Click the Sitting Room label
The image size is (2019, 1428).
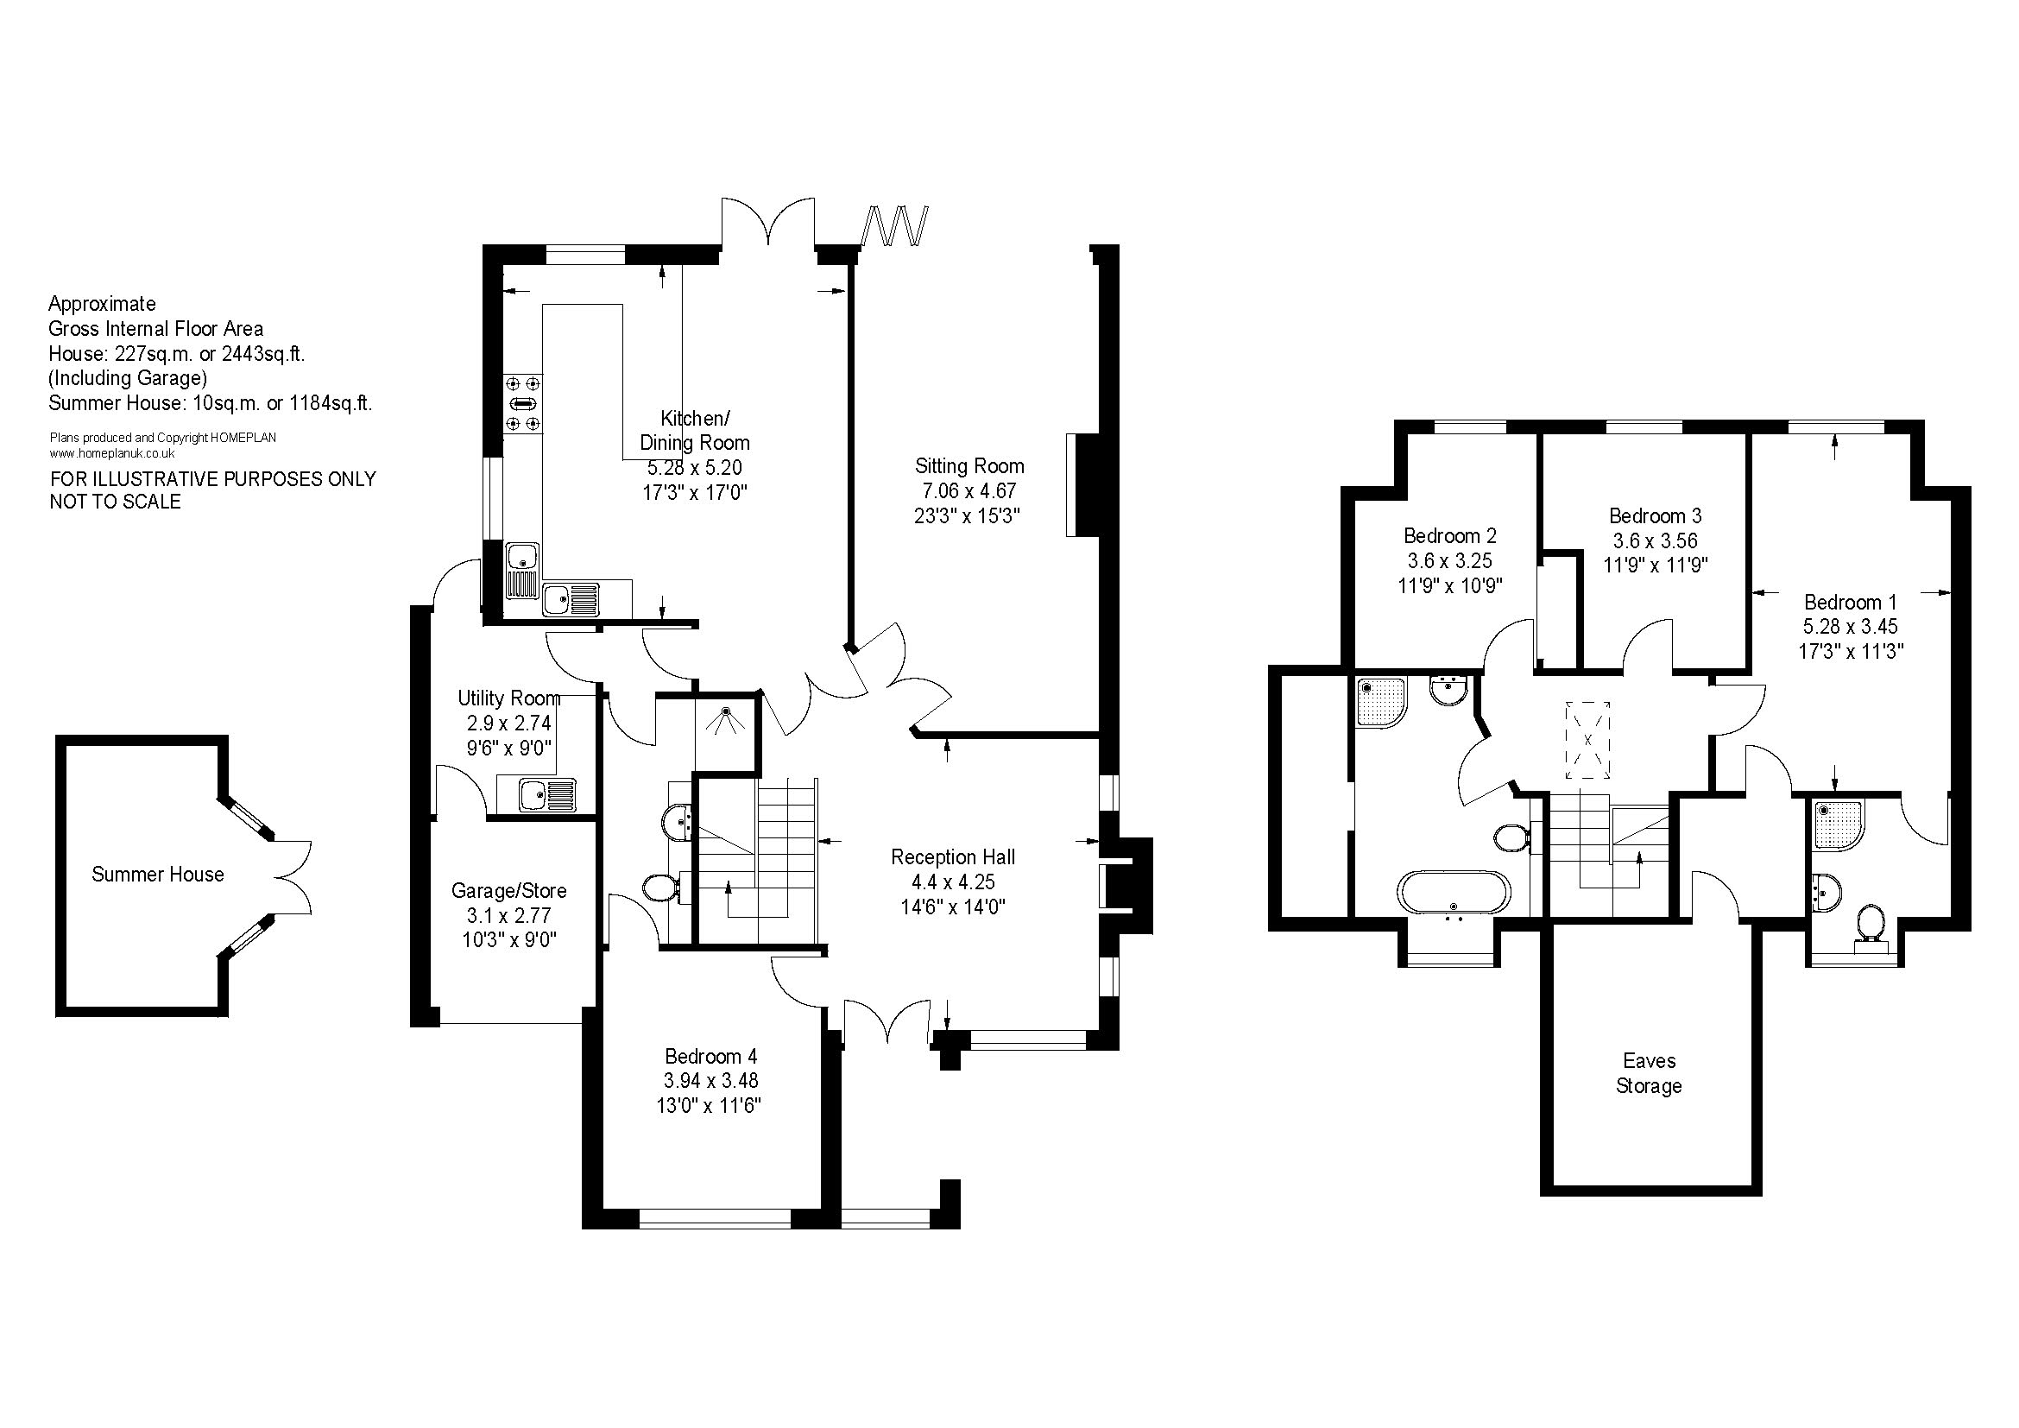(969, 466)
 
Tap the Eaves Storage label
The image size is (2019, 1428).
(1649, 1074)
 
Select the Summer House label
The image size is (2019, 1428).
(157, 874)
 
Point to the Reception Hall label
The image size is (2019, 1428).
(952, 857)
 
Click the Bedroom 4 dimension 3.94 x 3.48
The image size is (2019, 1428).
(711, 1081)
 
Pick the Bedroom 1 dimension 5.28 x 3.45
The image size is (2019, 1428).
(1850, 627)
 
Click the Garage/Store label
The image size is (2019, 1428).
(508, 891)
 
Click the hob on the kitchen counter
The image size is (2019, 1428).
(523, 403)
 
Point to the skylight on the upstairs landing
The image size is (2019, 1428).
(1587, 740)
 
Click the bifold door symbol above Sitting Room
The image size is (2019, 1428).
(894, 226)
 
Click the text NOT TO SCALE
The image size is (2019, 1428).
(115, 502)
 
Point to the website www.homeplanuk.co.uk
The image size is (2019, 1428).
(112, 454)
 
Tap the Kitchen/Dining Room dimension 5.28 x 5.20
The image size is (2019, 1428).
(695, 468)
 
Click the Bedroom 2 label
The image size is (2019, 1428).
(1450, 535)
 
